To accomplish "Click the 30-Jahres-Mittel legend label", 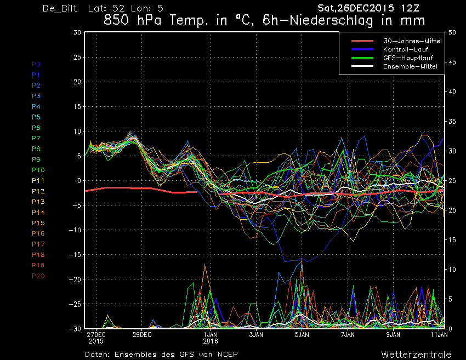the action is point(412,41).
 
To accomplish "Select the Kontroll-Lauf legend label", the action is point(406,49).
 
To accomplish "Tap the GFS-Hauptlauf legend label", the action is point(408,58).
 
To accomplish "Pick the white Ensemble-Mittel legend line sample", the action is point(362,66).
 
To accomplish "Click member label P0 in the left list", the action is point(36,64).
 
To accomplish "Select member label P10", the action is point(38,170).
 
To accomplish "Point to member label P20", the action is point(38,276).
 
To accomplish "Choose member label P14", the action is point(38,213).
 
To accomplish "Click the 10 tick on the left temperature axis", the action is point(77,132).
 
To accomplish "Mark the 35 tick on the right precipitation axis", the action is point(452,122).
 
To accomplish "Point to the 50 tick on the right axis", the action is point(452,33).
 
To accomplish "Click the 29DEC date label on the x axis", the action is point(142,335).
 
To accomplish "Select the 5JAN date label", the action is point(302,335).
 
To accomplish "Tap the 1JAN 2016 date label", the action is point(211,338).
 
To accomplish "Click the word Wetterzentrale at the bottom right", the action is point(416,355).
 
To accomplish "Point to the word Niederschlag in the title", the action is point(331,20).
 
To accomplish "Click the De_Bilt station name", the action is point(60,8).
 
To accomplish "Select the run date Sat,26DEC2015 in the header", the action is point(356,8).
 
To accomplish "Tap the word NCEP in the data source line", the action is point(228,355).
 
